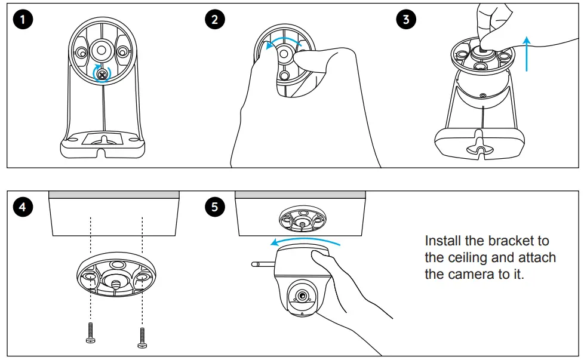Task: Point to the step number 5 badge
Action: [x=214, y=207]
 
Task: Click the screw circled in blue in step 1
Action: [x=103, y=74]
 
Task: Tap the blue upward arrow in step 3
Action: [x=526, y=54]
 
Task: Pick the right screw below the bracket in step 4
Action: [x=142, y=335]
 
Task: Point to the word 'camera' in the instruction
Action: [x=473, y=275]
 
